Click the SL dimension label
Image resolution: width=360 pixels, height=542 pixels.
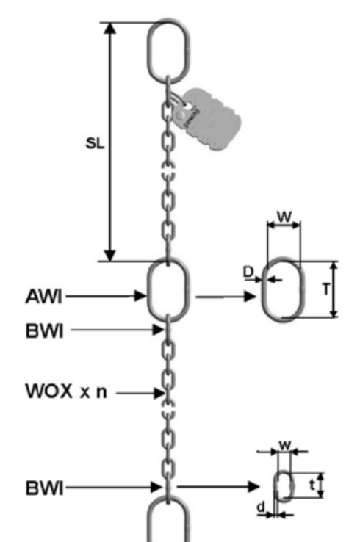point(93,144)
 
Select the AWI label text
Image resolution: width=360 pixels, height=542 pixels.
point(45,296)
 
